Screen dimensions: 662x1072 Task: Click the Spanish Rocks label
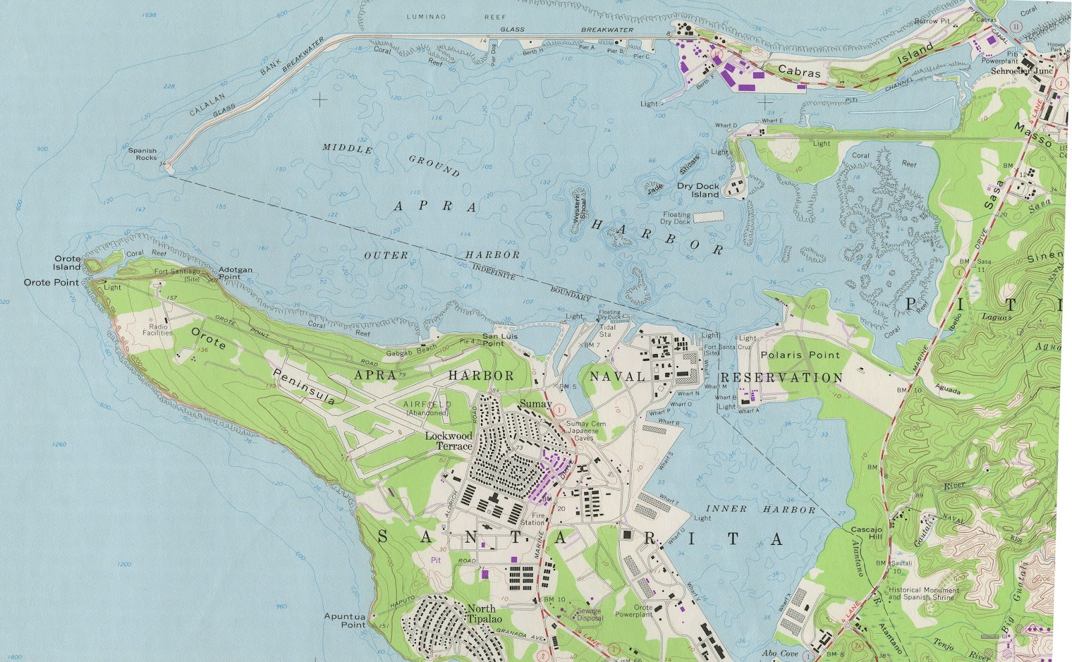(143, 154)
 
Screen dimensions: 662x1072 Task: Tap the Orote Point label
(52, 282)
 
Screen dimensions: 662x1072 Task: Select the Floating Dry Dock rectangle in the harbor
(708, 217)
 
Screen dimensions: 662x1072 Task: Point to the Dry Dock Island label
(699, 190)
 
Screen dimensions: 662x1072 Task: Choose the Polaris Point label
(800, 355)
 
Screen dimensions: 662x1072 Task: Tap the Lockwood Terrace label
(449, 440)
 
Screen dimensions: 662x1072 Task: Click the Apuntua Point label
(345, 620)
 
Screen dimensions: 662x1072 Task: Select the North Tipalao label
(484, 614)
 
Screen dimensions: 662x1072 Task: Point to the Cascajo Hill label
(867, 533)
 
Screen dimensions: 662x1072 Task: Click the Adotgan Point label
(235, 273)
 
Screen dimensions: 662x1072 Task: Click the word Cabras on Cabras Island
(799, 71)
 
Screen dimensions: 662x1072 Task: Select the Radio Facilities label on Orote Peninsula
(157, 330)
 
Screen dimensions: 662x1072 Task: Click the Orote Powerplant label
(633, 611)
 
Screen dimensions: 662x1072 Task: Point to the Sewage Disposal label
(589, 614)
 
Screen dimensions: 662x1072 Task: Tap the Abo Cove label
(780, 653)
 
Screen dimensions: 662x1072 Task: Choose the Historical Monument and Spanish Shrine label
(923, 594)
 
